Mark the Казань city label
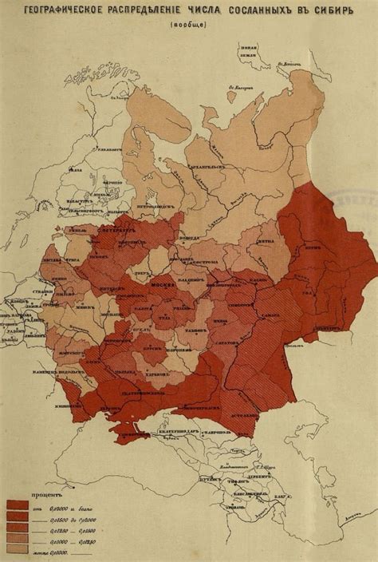click(258, 281)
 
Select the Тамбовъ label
click(191, 327)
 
